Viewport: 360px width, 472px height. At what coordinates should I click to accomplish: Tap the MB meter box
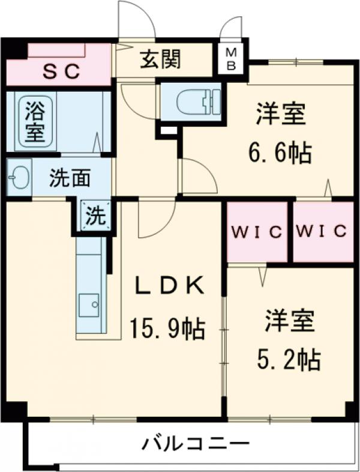click(x=231, y=58)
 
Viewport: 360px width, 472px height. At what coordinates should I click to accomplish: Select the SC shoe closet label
click(x=61, y=71)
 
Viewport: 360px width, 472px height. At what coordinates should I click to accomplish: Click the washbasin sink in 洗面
click(x=20, y=177)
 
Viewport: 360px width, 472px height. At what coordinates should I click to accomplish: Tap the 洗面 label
click(x=70, y=178)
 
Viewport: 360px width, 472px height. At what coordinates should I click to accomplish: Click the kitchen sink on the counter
click(x=91, y=303)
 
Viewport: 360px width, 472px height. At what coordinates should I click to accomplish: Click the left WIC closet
click(x=258, y=232)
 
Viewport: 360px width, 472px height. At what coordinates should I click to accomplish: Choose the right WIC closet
click(x=322, y=232)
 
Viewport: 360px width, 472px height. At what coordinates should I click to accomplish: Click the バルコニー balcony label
click(x=196, y=444)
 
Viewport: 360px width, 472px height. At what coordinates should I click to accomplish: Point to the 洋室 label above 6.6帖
click(x=281, y=114)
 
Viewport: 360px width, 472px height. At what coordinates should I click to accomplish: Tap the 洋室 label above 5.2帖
click(x=289, y=321)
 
